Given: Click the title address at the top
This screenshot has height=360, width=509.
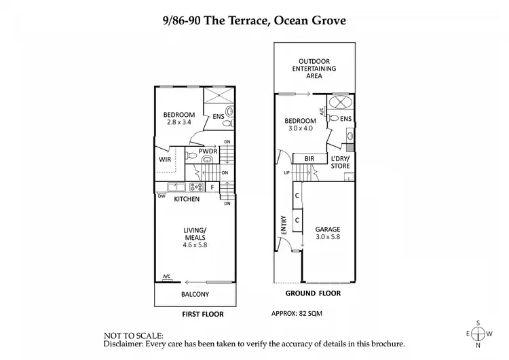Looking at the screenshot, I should pyautogui.click(x=254, y=20).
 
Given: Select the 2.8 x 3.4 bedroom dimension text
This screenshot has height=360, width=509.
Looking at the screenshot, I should pyautogui.click(x=179, y=122).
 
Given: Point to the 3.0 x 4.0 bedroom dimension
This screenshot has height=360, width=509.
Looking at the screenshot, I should pyautogui.click(x=299, y=128).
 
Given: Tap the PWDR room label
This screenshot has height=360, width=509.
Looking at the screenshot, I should pyautogui.click(x=208, y=151).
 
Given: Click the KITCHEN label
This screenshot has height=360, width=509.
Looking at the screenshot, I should pyautogui.click(x=187, y=199).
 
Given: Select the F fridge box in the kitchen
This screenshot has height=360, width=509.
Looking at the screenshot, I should pyautogui.click(x=212, y=187).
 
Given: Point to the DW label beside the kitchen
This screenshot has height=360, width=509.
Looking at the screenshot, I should pyautogui.click(x=162, y=198).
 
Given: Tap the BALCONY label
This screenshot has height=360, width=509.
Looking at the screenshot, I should pyautogui.click(x=195, y=294).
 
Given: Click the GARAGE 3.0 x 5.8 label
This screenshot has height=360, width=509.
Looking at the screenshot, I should pyautogui.click(x=327, y=234).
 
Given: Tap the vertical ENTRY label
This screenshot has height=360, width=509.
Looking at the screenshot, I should pyautogui.click(x=282, y=225).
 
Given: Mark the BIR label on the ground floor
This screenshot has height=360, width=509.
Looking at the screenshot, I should pyautogui.click(x=309, y=158).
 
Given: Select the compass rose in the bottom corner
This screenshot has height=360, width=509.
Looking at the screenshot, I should pyautogui.click(x=478, y=334).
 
